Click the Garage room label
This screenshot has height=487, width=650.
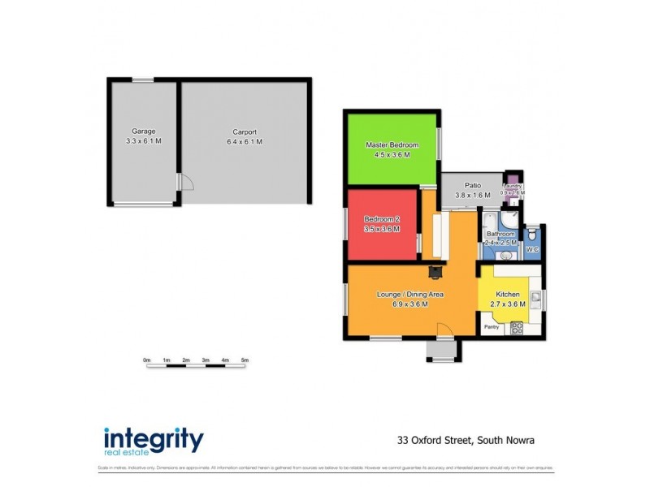[144, 131]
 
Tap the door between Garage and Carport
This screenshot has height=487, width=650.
[185, 183]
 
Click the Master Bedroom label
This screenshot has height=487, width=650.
[392, 144]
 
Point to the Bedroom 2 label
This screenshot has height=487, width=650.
[381, 219]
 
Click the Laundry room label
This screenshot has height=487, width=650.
[512, 186]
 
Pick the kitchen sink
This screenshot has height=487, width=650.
[535, 296]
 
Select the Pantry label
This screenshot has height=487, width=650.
[492, 327]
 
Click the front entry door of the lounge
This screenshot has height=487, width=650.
[444, 330]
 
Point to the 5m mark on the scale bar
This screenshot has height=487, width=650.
[245, 359]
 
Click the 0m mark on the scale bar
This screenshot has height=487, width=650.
[147, 359]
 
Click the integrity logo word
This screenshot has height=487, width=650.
[154, 439]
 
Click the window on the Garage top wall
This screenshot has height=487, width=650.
[143, 80]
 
